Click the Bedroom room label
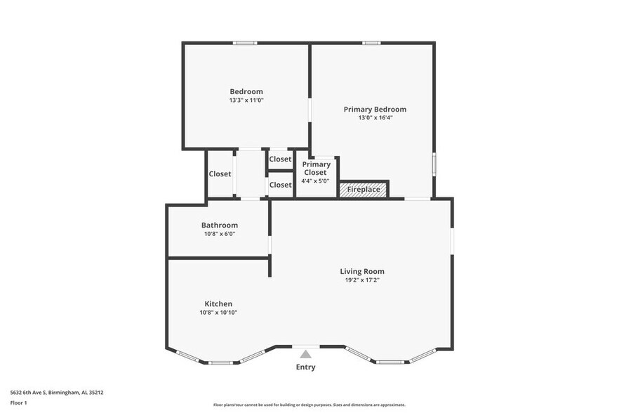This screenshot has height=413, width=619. tap(246, 91)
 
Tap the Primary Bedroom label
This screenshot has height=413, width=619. tap(375, 109)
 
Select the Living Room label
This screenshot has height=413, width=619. tap(362, 271)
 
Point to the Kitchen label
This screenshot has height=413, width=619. tap(218, 303)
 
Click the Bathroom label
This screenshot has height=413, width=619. tap(219, 225)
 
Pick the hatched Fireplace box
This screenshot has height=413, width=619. tap(364, 189)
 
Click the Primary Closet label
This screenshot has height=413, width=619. tap(316, 168)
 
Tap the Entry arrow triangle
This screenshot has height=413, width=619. tap(305, 355)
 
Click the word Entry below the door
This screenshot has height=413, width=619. tap(305, 367)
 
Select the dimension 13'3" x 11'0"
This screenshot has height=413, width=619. tap(246, 100)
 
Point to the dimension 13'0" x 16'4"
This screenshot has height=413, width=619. tap(375, 118)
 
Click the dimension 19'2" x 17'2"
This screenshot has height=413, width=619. tap(362, 280)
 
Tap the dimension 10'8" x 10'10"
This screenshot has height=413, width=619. tap(218, 313)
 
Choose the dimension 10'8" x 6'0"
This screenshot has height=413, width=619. tap(219, 234)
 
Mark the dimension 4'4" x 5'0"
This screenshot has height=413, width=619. tap(316, 181)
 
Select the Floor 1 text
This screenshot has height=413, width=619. tap(18, 402)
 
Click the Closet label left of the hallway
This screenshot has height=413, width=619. tap(220, 173)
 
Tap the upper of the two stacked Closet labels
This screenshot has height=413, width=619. tap(280, 159)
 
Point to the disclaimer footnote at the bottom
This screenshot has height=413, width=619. tap(309, 405)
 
